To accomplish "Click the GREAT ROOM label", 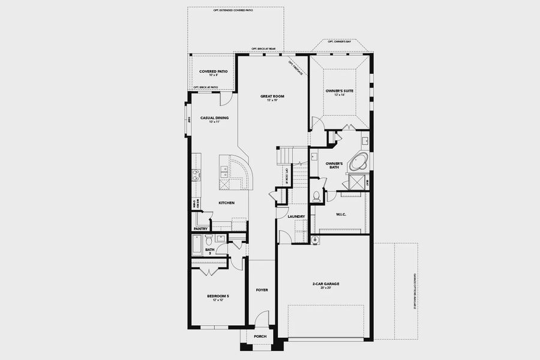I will [272, 96].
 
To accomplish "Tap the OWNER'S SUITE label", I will [340, 91].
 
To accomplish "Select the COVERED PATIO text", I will [214, 71].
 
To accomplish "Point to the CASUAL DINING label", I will [214, 118].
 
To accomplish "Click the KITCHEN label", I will [226, 203].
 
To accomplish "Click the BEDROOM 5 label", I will [218, 296].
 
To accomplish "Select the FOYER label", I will [262, 290].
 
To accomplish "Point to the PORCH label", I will [260, 337].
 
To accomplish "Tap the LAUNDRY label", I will [296, 217].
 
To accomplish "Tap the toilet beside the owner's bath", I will [316, 196].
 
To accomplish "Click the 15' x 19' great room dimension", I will [272, 100].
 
